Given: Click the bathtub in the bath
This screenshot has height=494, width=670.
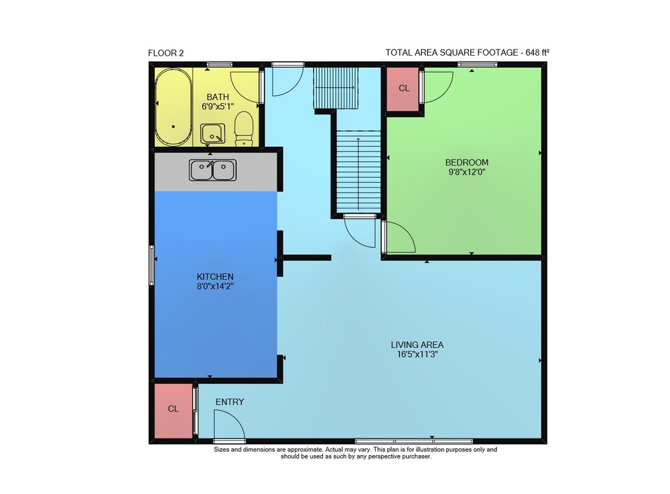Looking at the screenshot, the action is click(174, 107).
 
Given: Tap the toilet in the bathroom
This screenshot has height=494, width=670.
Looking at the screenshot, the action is click(244, 129).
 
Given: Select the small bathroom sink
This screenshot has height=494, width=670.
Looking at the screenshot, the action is click(213, 133).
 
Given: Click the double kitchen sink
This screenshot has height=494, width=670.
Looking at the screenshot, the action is click(213, 170).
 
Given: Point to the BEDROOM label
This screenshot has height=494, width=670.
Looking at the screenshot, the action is click(466, 162).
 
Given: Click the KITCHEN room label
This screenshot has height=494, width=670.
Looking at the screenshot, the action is click(215, 277).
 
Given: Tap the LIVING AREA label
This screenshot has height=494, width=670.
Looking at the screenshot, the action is click(417, 345).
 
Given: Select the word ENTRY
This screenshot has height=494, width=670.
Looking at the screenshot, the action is click(230, 402).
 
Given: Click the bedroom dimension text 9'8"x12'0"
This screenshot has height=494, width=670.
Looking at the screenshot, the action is click(466, 172).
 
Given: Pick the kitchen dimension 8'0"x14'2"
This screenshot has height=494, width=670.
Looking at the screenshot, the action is click(215, 287).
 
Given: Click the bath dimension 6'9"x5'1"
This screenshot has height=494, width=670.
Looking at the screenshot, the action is click(218, 107).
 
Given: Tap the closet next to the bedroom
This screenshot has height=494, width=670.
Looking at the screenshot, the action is click(403, 89).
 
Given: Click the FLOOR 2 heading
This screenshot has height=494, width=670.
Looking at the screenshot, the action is click(165, 54).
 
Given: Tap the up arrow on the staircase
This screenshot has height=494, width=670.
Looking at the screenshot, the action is click(358, 174).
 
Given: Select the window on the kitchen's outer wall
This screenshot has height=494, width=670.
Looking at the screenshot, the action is click(151, 265).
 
